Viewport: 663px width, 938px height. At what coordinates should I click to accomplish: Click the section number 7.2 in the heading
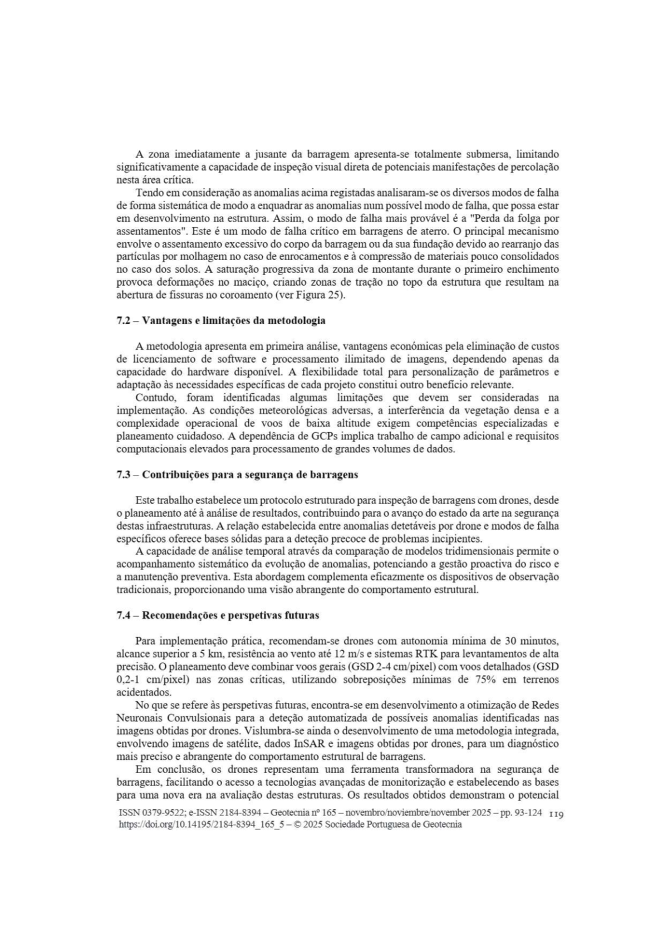pyautogui.click(x=124, y=321)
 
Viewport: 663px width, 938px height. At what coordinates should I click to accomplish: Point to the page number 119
pyautogui.click(x=556, y=814)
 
